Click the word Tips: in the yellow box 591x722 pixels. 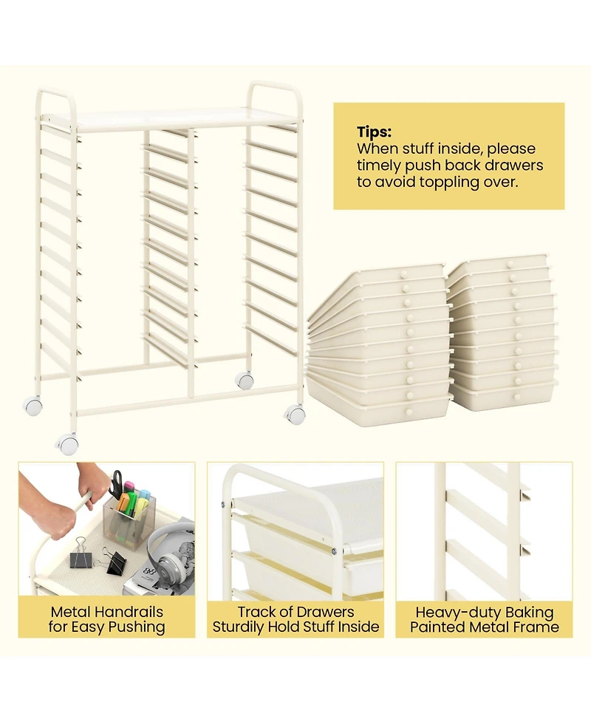tap(375, 132)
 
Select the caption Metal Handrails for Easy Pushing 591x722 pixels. tap(107, 619)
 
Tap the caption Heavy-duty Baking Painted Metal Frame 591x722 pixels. tap(485, 619)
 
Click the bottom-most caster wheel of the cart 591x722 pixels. tap(68, 444)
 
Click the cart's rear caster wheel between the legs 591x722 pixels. tap(245, 381)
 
